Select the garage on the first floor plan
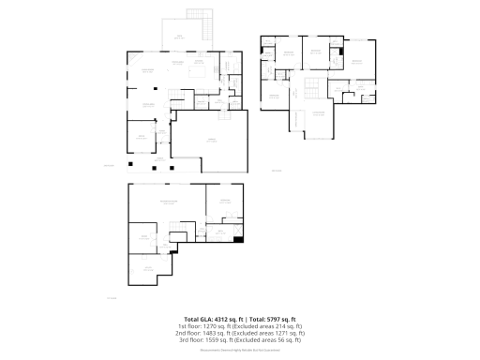point(211,141)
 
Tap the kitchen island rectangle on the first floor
point(199,71)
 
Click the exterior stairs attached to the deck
point(196,17)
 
